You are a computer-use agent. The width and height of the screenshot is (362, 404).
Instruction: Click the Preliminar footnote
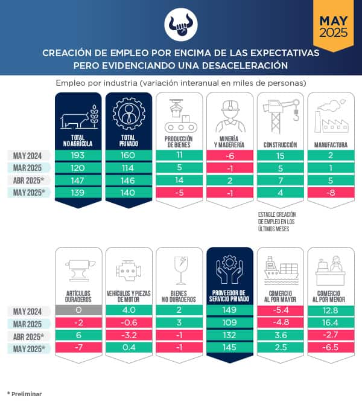tap(25, 394)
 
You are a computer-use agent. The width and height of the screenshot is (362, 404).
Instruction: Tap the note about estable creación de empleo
tap(278, 221)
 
